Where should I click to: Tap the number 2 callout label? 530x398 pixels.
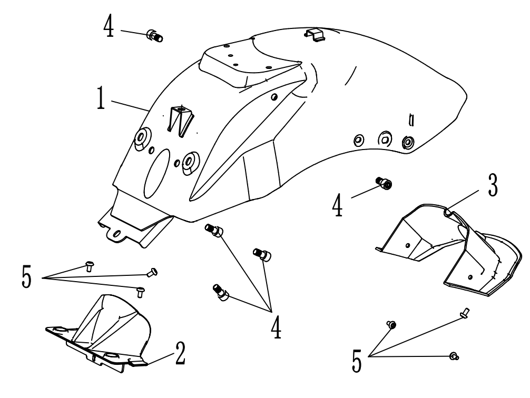180,355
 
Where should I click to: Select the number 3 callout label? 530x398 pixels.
491,187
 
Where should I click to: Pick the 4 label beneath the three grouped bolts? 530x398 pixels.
276,325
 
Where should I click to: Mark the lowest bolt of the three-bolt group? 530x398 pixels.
220,292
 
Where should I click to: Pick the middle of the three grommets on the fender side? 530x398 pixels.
384,138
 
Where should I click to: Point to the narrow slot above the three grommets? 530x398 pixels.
411,120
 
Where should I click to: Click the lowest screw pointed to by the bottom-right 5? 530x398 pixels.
453,357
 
